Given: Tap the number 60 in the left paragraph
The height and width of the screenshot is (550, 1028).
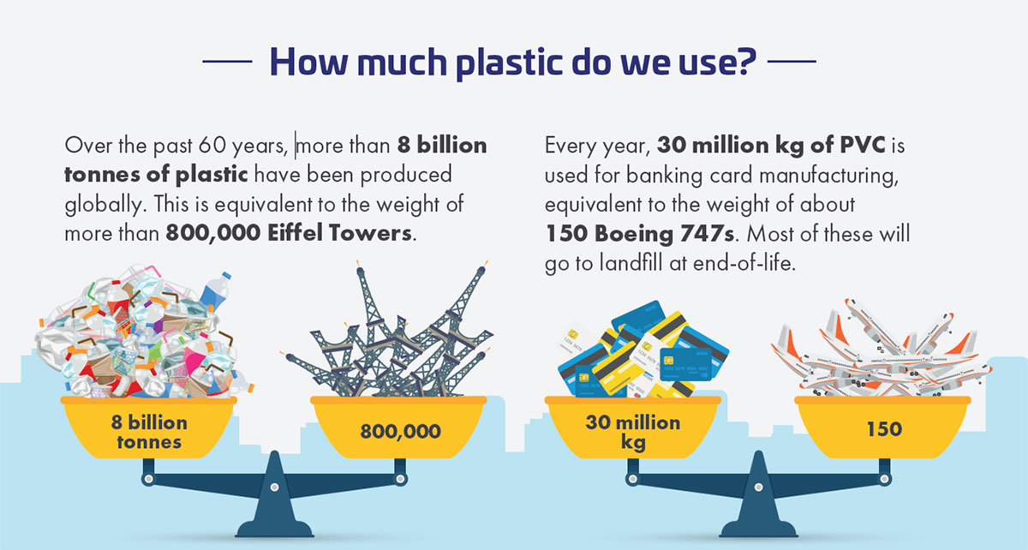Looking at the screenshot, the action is point(212,146).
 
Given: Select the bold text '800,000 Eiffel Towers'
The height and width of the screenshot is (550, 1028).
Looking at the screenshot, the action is point(288,233).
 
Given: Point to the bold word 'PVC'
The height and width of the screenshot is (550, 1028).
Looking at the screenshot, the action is point(863,145).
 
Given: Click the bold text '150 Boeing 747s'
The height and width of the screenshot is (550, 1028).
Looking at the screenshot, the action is point(640,233).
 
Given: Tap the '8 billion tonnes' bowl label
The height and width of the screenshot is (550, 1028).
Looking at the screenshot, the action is point(149,432).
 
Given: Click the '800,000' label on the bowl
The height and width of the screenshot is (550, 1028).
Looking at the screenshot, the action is point(400,431).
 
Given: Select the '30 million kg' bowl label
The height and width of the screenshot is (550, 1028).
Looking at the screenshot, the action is point(633,433).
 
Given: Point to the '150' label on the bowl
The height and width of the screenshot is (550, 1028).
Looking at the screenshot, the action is point(884,429).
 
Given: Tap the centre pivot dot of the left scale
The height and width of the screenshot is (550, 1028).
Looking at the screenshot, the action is point(274,487).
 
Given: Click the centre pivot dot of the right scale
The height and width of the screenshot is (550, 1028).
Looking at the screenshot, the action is point(759,487).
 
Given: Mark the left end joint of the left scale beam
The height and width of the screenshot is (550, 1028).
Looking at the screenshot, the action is point(148,479).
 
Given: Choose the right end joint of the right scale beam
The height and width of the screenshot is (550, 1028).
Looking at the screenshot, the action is point(885,479).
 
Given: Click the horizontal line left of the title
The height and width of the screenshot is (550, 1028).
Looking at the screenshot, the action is point(227,61).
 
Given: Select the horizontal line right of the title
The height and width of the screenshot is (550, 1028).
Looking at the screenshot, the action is point(792,61).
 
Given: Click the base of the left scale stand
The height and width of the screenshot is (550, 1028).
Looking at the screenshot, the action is point(274,529).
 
